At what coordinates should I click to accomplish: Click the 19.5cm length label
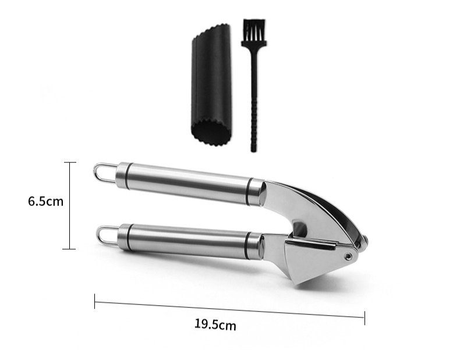click(x=215, y=324)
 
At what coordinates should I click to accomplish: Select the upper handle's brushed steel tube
click(x=186, y=183)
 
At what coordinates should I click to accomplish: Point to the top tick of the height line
click(x=70, y=163)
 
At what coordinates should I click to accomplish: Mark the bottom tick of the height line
click(x=70, y=249)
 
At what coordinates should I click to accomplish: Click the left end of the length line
click(x=95, y=301)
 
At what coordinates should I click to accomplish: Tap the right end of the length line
click(x=365, y=317)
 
